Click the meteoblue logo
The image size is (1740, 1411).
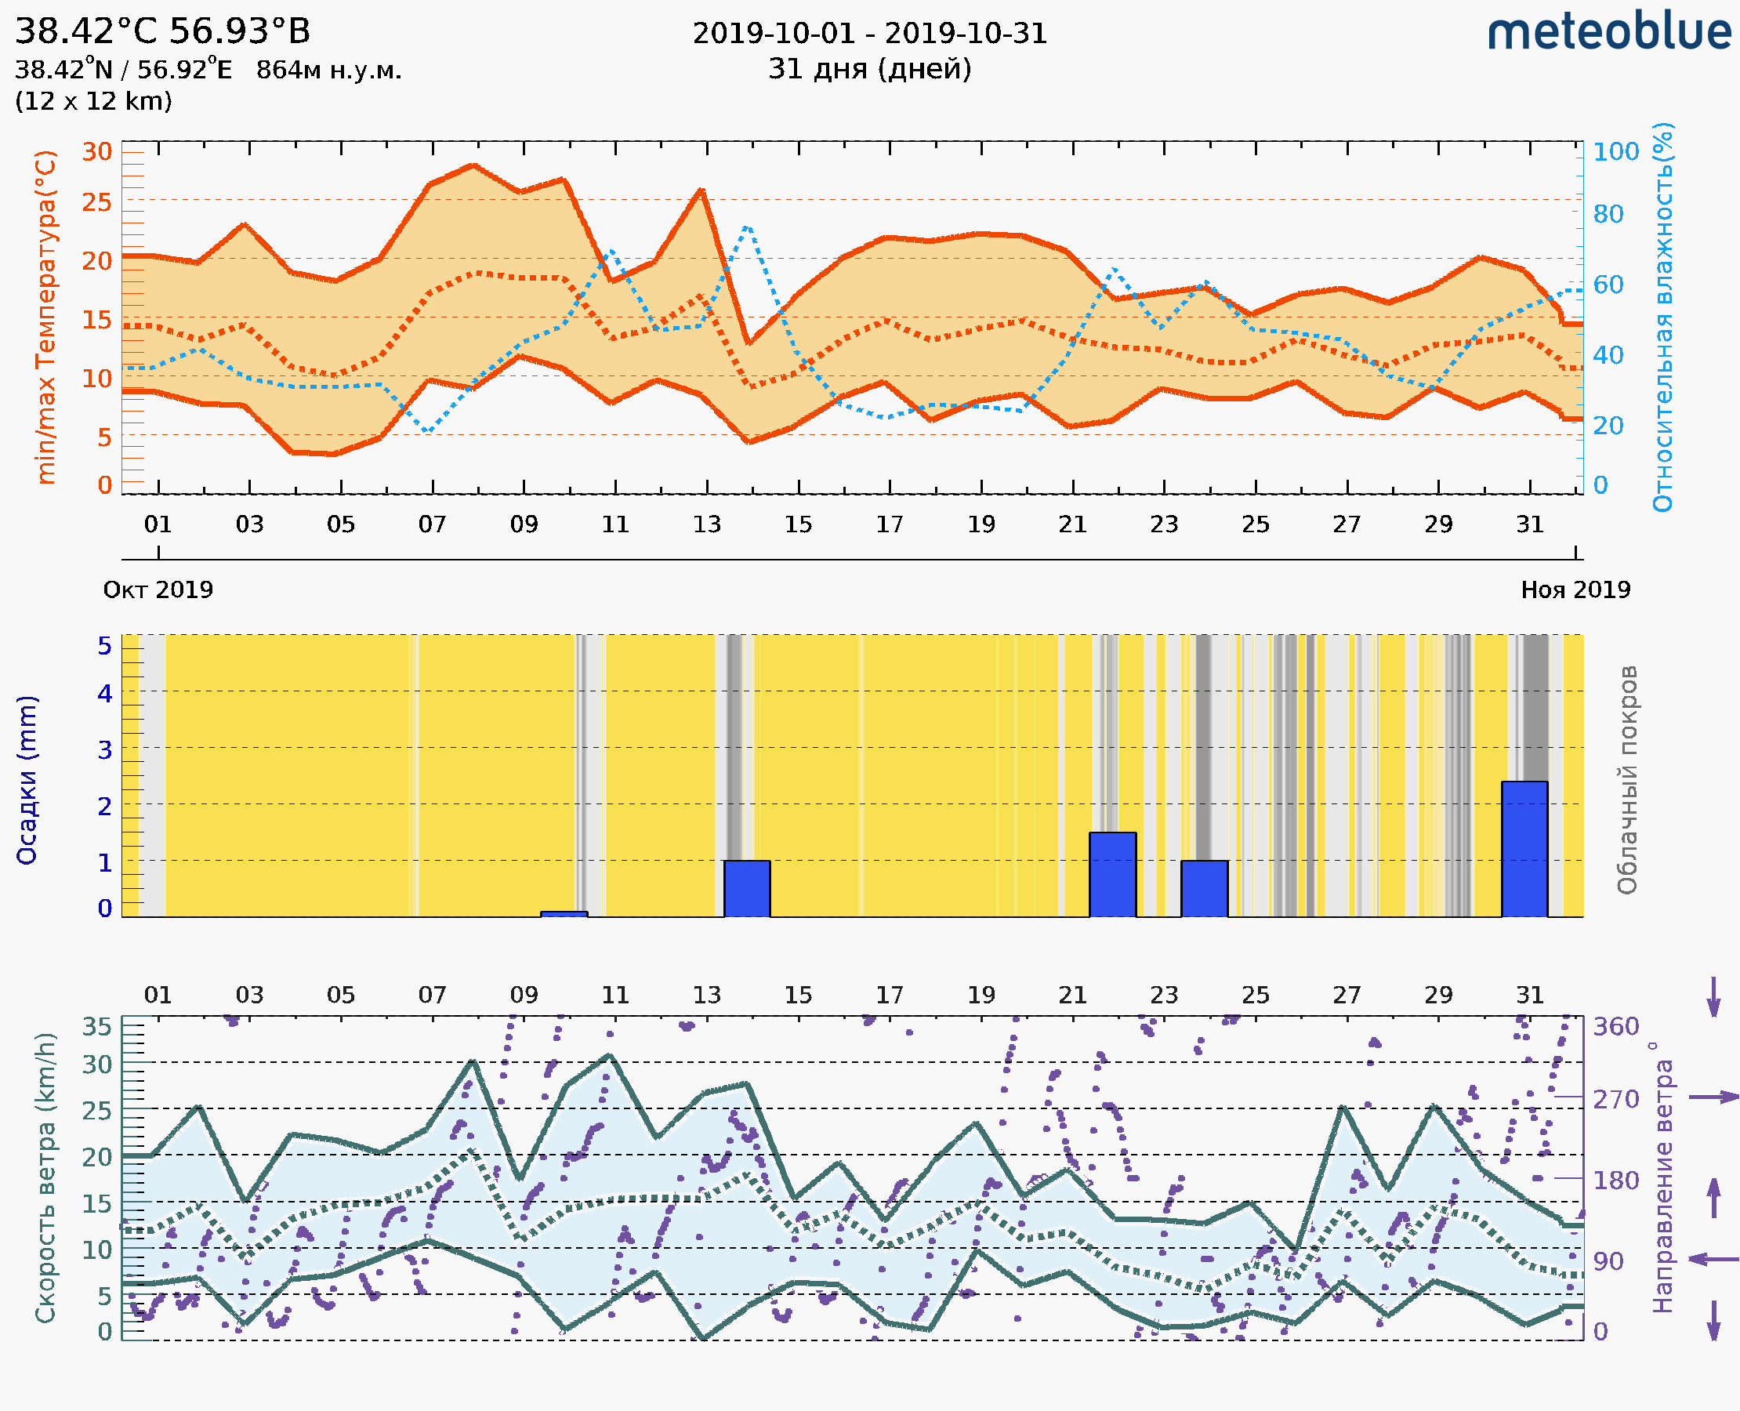[1608, 32]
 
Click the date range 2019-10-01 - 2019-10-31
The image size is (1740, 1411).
[869, 34]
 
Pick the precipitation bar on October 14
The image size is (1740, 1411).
[746, 887]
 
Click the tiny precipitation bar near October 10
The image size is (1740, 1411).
[564, 914]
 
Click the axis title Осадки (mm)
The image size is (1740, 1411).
[27, 779]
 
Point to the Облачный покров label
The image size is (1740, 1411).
[1626, 779]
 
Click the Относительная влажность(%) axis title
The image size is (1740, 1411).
[1662, 317]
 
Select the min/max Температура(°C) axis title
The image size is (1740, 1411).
[46, 317]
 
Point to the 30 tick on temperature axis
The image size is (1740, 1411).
[97, 152]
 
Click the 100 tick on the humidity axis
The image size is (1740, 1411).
[1615, 152]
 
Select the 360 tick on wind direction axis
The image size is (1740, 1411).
[1615, 1027]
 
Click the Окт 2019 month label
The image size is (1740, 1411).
[158, 589]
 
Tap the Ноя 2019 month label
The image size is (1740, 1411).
[1575, 589]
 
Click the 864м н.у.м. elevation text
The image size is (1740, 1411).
[328, 71]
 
